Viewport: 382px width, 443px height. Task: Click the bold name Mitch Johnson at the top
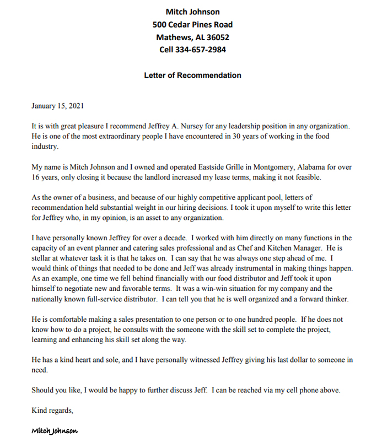[192, 12]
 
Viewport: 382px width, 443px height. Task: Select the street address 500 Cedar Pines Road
[192, 24]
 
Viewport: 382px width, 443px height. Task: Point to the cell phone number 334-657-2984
[201, 50]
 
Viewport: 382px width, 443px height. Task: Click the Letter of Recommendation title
[192, 75]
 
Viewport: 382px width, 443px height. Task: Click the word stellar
[42, 258]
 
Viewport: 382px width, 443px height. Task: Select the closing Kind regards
[52, 410]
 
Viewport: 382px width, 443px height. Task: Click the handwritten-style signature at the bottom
[55, 431]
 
